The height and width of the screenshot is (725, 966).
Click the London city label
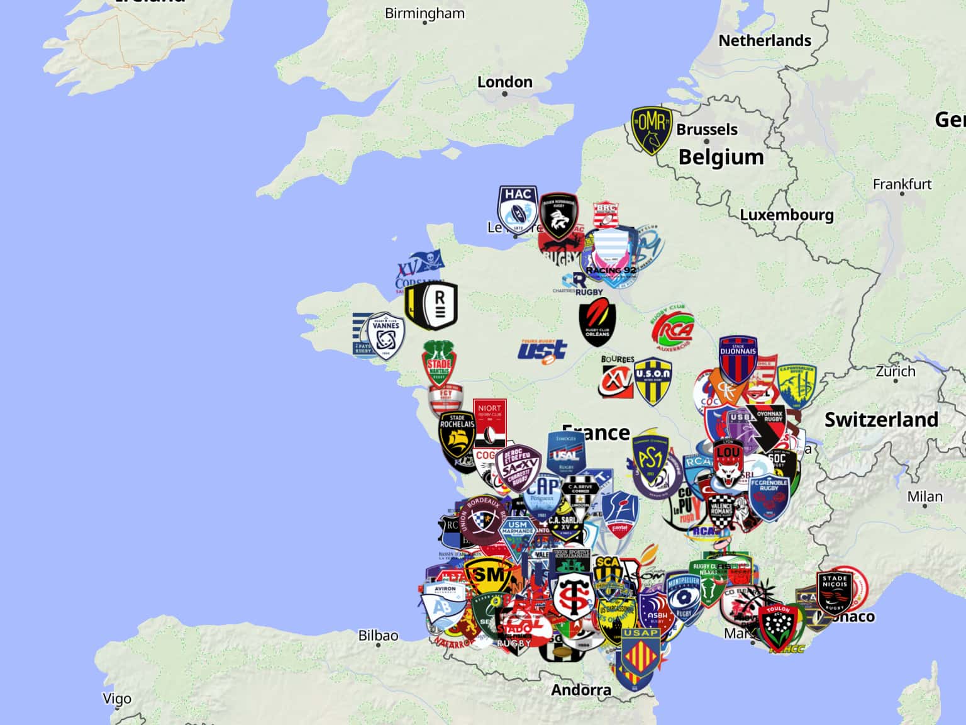point(504,82)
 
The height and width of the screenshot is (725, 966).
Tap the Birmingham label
point(425,13)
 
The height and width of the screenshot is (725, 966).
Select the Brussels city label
point(707,130)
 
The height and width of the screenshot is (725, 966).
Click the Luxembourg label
point(786,215)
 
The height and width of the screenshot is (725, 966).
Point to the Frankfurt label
point(902,184)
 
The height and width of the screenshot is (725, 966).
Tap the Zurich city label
point(896,371)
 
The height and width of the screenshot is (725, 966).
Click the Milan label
point(924,497)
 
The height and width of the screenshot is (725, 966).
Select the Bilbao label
point(378,636)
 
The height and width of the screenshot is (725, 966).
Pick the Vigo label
point(117,699)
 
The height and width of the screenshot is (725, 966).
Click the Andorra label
point(580,690)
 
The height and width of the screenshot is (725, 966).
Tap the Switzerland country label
point(881,420)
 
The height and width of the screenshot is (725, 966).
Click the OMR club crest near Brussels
point(652,130)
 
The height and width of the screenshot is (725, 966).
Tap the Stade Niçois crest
point(835,592)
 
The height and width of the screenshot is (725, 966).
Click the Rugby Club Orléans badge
point(597,321)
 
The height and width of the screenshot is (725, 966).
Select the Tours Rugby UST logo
point(542,351)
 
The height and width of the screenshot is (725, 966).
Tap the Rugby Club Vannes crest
point(385,334)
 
